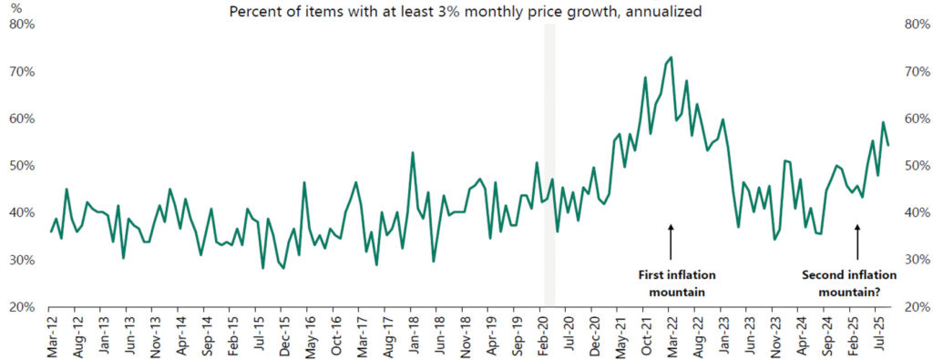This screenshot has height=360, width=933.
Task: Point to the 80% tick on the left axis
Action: click(21, 25)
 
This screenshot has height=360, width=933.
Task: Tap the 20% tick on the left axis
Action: click(21, 307)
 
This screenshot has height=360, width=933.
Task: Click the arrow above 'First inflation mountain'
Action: click(671, 242)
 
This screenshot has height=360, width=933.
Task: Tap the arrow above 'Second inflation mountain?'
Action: click(856, 242)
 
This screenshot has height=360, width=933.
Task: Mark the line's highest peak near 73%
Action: click(672, 57)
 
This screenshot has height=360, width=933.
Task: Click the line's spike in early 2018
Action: click(413, 152)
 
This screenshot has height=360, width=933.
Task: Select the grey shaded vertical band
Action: click(549, 164)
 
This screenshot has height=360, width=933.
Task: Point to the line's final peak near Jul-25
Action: click(882, 122)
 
